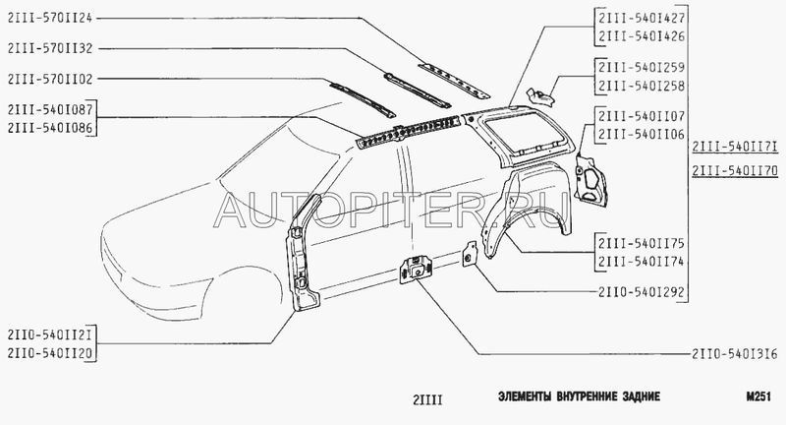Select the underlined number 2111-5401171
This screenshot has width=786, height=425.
click(x=734, y=148)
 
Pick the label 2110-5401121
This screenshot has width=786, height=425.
click(x=49, y=334)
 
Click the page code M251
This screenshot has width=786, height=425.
click(x=762, y=396)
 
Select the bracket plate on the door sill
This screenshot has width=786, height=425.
click(x=418, y=266)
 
